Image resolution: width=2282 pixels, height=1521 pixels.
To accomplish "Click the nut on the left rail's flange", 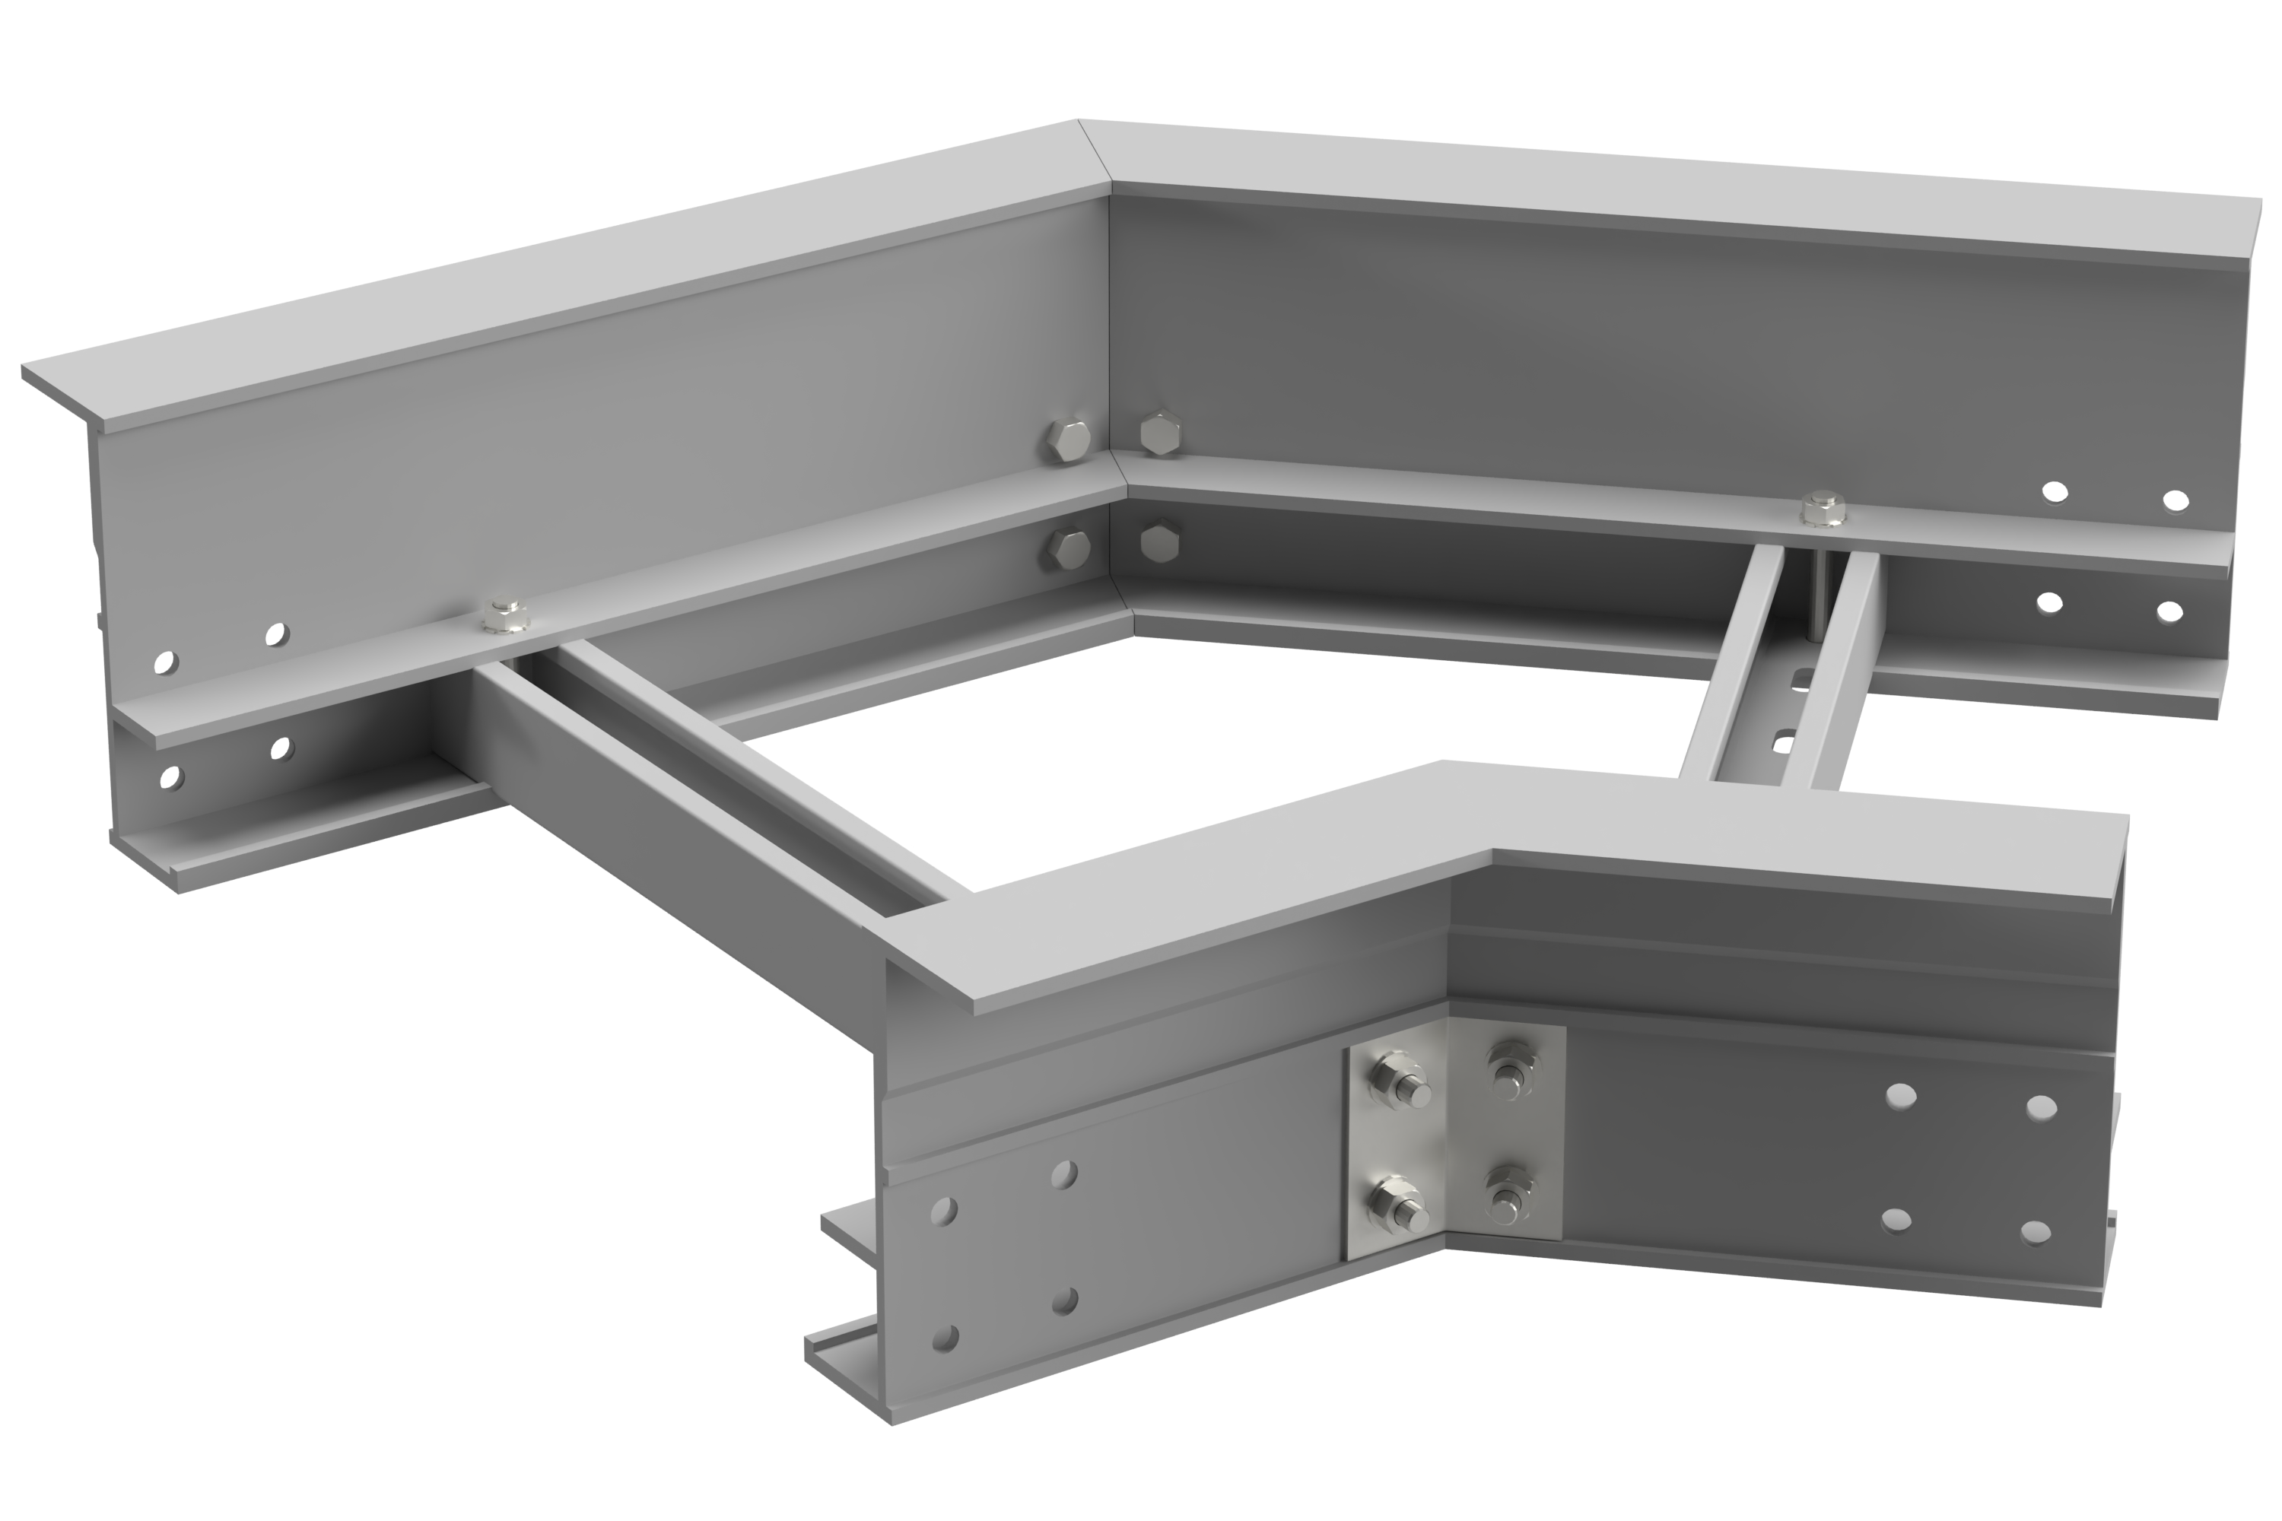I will click(504, 616).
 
